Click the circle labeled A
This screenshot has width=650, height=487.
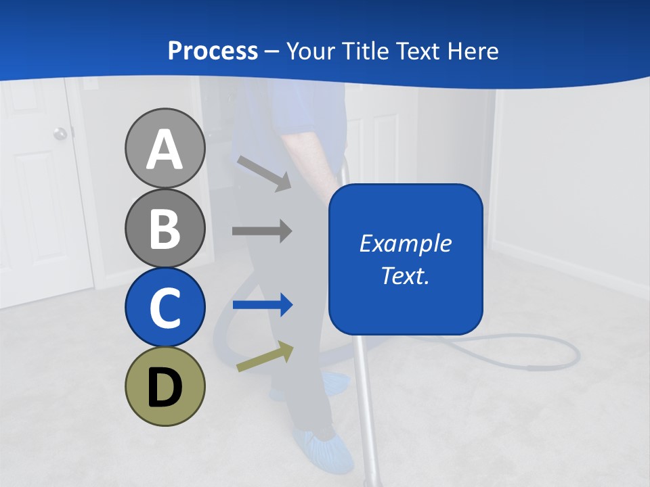point(165,148)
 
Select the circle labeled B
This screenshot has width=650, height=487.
point(165,228)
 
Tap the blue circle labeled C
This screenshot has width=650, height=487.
point(165,307)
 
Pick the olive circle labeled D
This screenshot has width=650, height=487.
point(165,386)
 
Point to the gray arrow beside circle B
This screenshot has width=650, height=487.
point(262,231)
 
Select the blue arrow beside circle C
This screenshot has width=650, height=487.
point(262,305)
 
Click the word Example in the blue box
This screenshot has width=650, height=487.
point(405,243)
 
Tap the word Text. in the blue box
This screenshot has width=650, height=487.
point(405,275)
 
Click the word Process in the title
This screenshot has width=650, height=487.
point(213,51)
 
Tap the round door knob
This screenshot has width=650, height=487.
point(61,133)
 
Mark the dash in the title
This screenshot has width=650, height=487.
point(272,51)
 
